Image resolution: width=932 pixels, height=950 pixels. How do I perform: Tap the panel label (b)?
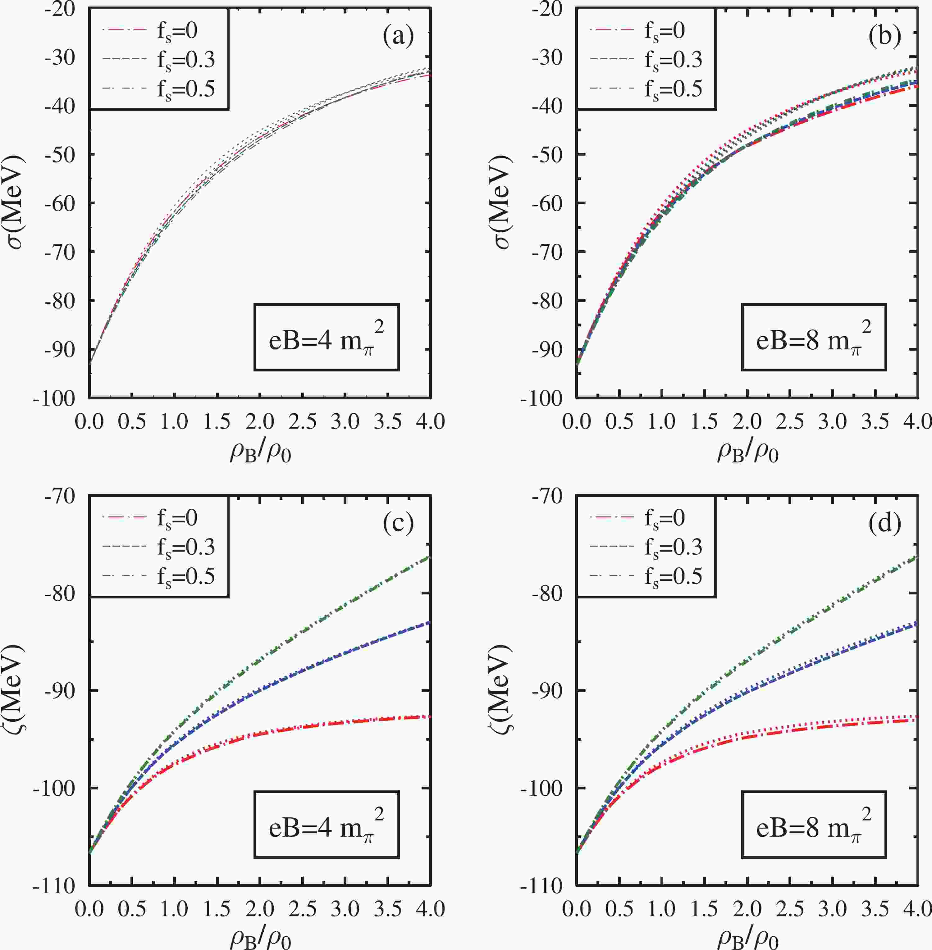click(885, 37)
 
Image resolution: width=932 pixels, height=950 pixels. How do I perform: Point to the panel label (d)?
click(885, 523)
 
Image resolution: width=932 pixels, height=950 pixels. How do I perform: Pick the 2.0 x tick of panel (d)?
click(747, 909)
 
